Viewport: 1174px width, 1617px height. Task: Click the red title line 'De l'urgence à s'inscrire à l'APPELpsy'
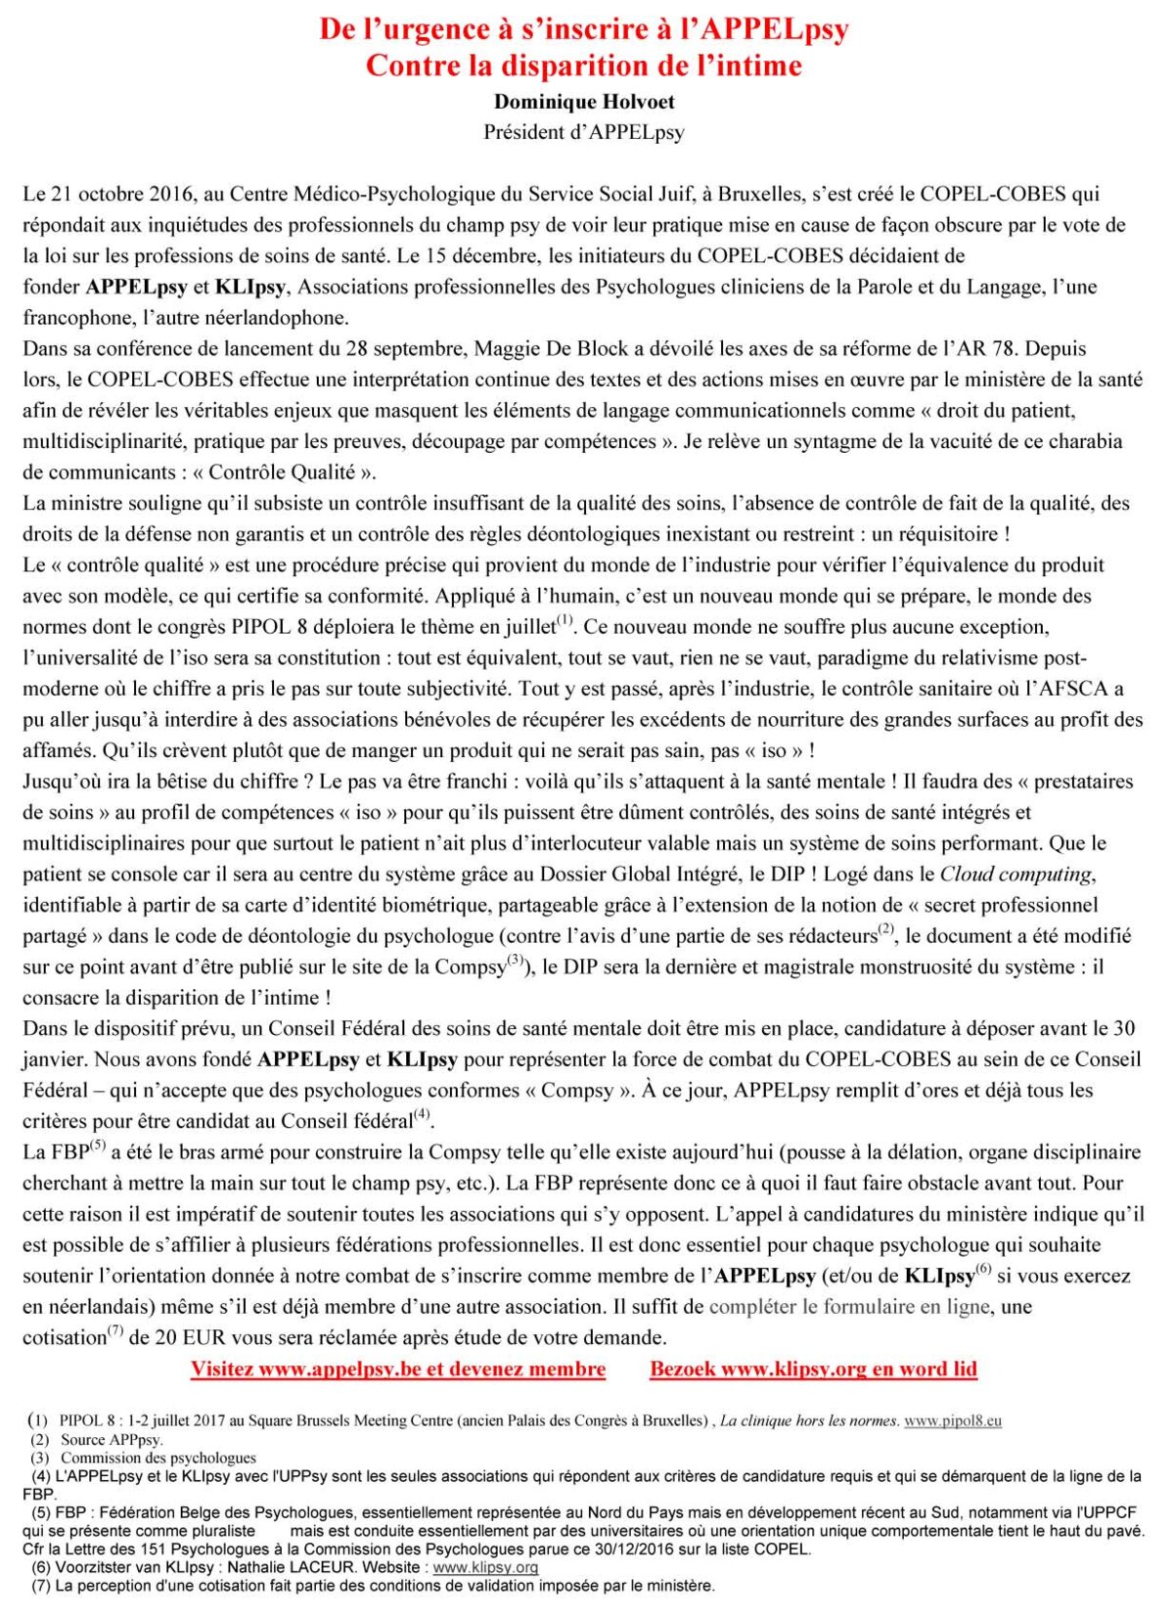tap(584, 29)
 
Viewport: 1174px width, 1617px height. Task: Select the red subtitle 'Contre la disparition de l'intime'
tap(584, 66)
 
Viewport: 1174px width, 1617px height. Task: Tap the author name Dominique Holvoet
tap(584, 102)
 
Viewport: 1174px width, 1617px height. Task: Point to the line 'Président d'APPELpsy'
tap(584, 132)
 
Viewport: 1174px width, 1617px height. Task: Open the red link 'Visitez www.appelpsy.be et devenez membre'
tap(398, 1370)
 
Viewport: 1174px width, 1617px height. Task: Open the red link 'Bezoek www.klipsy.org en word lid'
tap(814, 1370)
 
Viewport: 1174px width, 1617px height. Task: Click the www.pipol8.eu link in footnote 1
tap(952, 1420)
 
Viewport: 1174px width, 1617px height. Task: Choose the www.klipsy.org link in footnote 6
tap(485, 1567)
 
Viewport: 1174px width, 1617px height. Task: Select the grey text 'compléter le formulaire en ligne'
tap(850, 1307)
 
